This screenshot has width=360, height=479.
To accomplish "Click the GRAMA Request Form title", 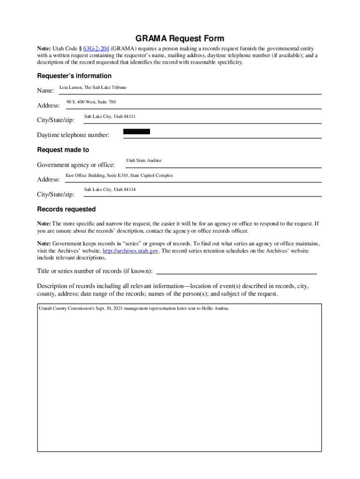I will [x=180, y=38].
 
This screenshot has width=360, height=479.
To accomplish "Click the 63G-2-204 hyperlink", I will [x=96, y=49].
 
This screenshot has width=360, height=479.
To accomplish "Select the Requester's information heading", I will [x=74, y=76].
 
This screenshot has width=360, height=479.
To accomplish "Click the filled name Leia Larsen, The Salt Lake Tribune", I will [x=93, y=87].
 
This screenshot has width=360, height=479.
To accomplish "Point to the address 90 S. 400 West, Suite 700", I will [x=91, y=102].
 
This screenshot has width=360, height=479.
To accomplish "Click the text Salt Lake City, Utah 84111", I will [x=110, y=116].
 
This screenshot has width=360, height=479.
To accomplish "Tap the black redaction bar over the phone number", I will [x=137, y=132].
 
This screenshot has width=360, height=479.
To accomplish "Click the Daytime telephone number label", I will [x=73, y=135].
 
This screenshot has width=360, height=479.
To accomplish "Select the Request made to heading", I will [x=63, y=150].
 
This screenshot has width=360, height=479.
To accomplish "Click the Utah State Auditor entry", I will [x=144, y=160].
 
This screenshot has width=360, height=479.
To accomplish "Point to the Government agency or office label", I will [x=76, y=165].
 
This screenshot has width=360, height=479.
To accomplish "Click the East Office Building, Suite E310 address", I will [x=119, y=175].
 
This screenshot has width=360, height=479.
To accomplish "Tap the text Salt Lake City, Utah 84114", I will [x=110, y=189].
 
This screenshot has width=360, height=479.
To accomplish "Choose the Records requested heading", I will [x=66, y=209].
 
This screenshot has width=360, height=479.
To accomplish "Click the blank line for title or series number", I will [x=236, y=272].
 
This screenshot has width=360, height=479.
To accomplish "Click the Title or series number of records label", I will [x=94, y=271].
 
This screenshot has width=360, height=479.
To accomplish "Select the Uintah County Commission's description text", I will [x=134, y=309].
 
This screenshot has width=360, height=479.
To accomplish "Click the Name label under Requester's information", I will [x=45, y=90].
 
